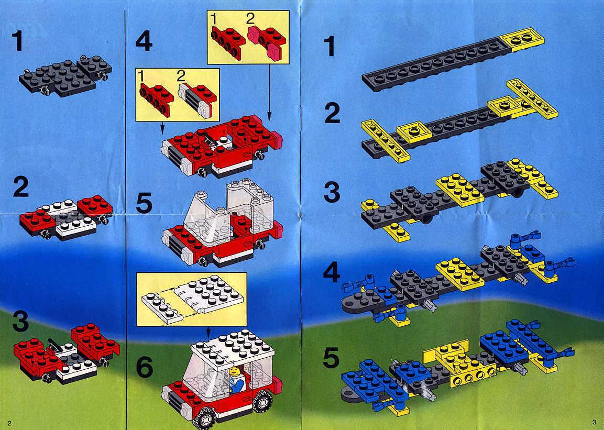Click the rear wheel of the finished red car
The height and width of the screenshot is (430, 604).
[262, 401]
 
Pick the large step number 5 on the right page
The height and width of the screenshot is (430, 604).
[331, 358]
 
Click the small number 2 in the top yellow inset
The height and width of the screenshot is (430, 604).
[251, 18]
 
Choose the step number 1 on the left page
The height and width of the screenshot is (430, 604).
[17, 41]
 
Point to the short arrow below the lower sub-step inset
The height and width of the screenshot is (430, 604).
[162, 128]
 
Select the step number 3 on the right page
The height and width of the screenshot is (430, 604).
[332, 192]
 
